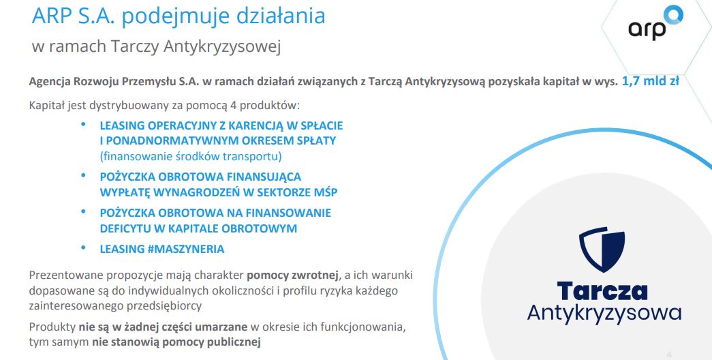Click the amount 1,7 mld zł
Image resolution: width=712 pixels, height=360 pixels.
point(650,81)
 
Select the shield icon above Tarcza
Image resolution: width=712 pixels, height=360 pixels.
point(602,249)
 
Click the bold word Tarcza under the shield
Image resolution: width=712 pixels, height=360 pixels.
point(602,291)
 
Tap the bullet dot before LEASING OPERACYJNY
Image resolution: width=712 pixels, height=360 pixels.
point(83,123)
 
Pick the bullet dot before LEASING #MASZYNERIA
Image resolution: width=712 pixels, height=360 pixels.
point(83,247)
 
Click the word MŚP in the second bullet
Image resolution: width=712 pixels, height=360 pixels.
point(326,192)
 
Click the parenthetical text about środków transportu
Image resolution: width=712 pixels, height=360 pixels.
point(191,156)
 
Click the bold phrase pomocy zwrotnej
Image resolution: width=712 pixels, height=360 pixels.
point(292,275)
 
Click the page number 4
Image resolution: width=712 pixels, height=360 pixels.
point(668,355)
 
